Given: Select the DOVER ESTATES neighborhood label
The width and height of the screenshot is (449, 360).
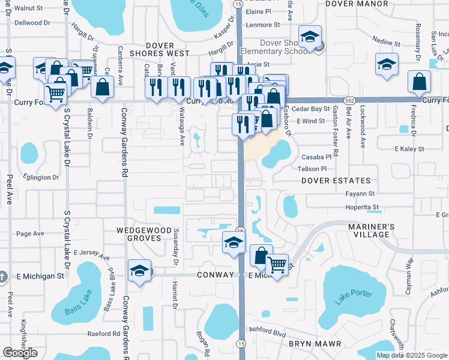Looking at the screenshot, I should coord(336,181).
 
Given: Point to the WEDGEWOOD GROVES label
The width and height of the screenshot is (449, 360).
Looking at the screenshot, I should coord(148,233).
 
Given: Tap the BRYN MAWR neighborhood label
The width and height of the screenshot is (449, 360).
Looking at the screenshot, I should coord(315,344).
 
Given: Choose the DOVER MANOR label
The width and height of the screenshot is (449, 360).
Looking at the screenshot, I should coord(357,4).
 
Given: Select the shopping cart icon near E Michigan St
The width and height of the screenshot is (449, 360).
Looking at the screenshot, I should coord(277,264).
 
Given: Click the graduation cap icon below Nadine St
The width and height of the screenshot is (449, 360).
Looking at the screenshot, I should coord(387,64).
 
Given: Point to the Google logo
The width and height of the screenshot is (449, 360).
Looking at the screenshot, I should coord(20,353).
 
